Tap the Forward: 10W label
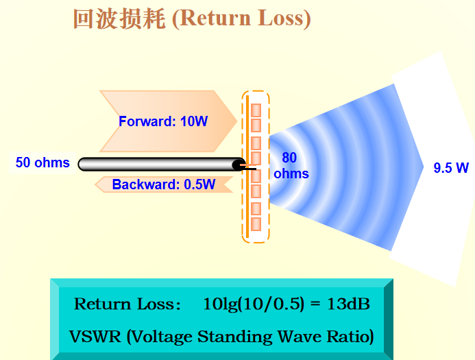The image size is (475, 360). click(x=163, y=121)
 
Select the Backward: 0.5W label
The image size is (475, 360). click(x=163, y=184)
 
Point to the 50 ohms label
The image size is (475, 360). click(x=42, y=163)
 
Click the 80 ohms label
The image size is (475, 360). click(x=291, y=165)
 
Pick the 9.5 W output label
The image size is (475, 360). click(x=450, y=167)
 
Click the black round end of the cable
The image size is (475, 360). click(x=238, y=165)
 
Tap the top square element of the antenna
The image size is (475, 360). click(x=256, y=110)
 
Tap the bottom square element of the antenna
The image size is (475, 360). click(x=256, y=224)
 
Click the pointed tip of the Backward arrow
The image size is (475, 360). click(x=97, y=184)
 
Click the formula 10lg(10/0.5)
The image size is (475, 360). click(x=253, y=304)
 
